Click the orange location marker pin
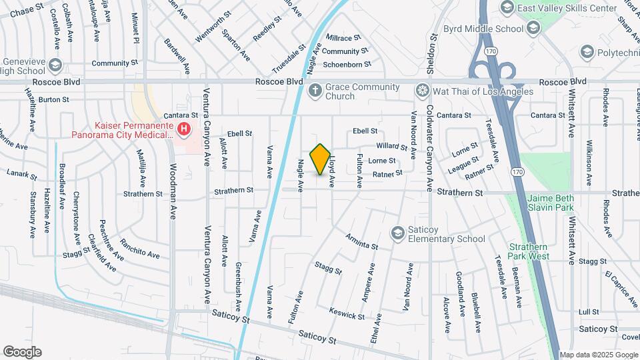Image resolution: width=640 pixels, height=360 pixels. pyautogui.click(x=321, y=159)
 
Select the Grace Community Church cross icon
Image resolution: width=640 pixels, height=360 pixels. pyautogui.click(x=315, y=90)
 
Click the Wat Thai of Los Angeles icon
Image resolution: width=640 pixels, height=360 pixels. pyautogui.click(x=421, y=90)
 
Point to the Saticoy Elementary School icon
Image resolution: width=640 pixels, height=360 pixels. pyautogui.click(x=398, y=231)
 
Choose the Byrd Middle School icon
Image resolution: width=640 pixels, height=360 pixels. pyautogui.click(x=533, y=28)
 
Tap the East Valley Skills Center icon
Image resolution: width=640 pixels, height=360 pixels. pyautogui.click(x=506, y=7)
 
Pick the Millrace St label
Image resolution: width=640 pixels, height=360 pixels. pyautogui.click(x=342, y=39)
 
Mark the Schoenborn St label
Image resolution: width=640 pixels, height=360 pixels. pyautogui.click(x=346, y=64)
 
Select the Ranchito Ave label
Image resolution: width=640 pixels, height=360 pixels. pyautogui.click(x=139, y=249)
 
